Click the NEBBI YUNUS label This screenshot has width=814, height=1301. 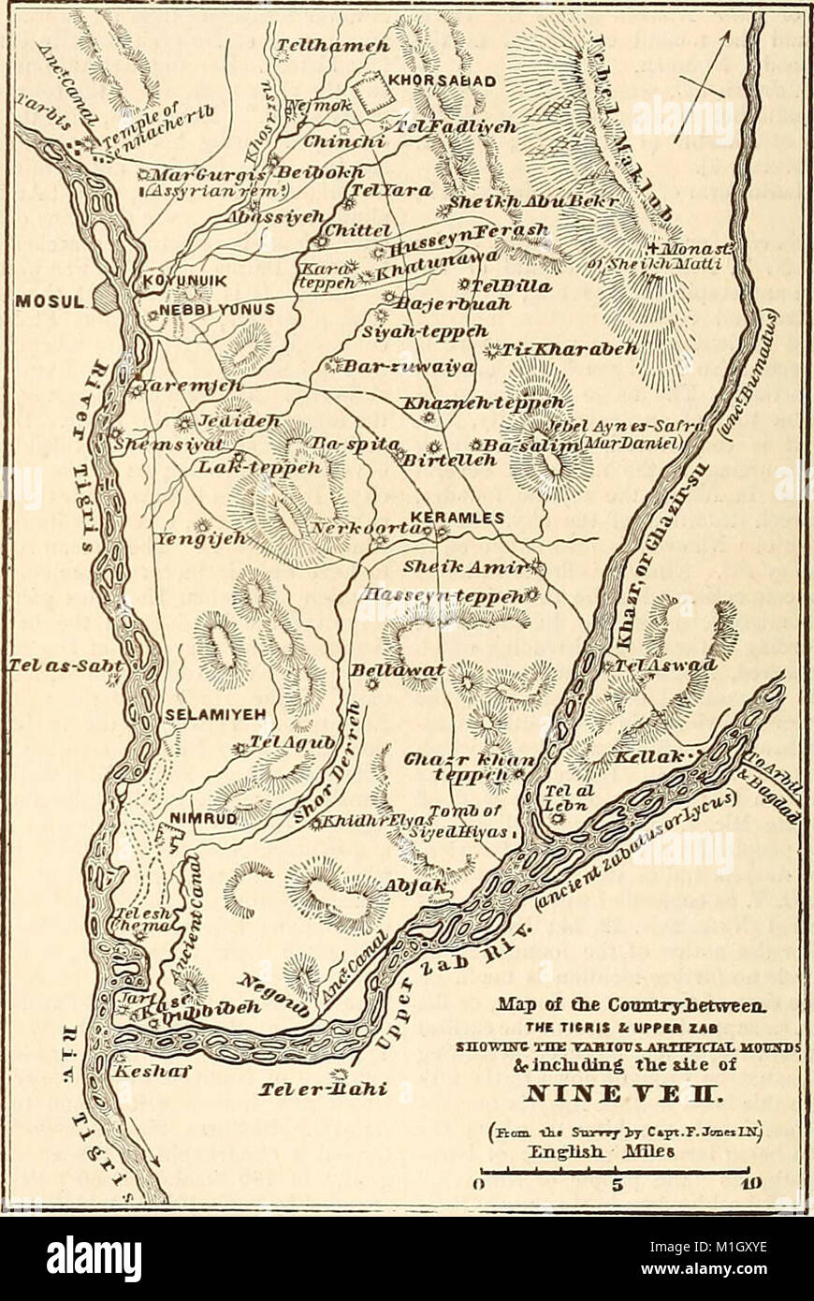click(208, 309)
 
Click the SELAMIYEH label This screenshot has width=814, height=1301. click(217, 714)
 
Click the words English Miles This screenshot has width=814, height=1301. click(612, 1151)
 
